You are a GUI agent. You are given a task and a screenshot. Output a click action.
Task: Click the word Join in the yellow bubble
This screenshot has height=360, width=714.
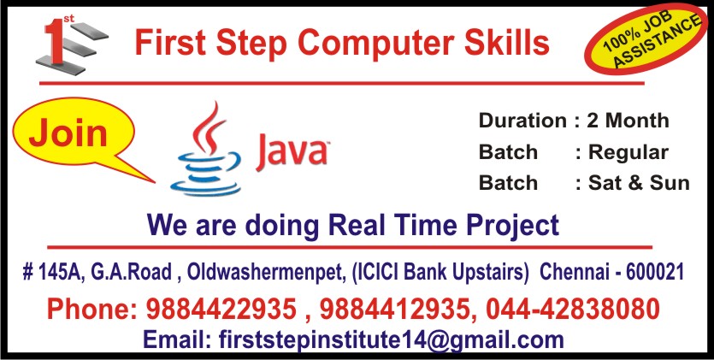click(x=68, y=133)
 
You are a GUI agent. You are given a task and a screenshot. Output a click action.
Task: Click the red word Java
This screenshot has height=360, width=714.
click(x=292, y=153)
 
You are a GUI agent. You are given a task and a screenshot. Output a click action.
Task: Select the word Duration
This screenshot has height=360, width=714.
click(x=522, y=121)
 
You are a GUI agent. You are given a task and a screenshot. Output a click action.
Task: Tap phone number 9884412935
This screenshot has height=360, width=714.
click(x=390, y=308)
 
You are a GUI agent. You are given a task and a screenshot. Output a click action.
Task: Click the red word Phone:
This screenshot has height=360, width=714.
click(x=92, y=308)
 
